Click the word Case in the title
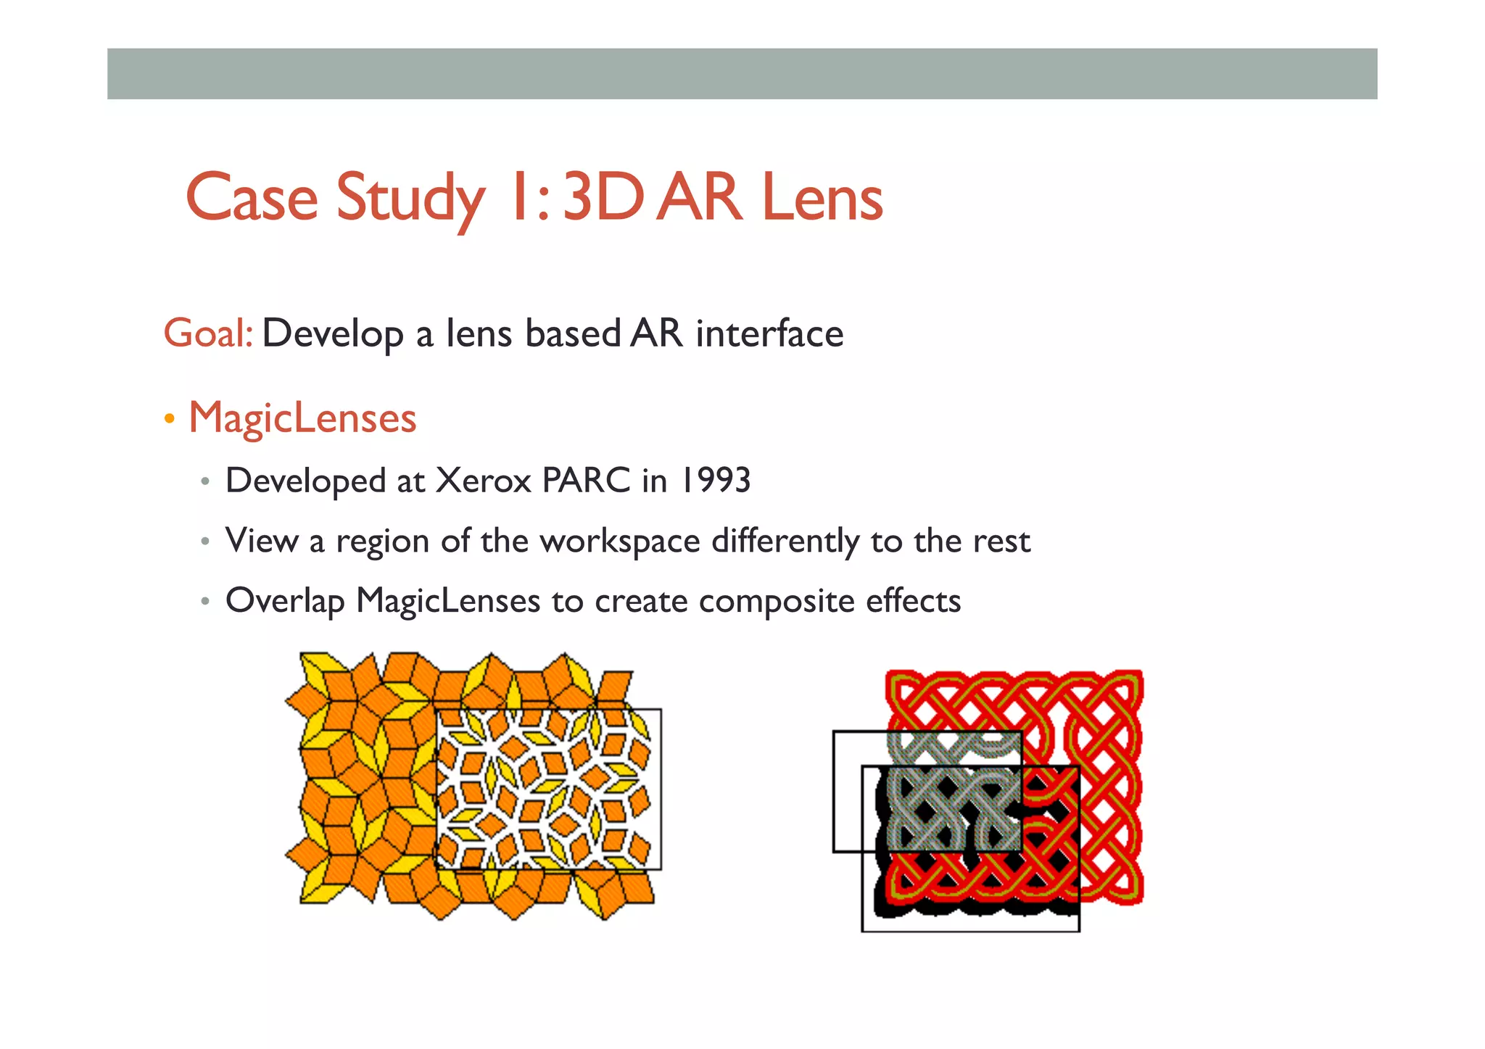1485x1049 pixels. point(252,197)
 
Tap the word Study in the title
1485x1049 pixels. point(410,199)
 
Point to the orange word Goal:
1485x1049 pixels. point(208,333)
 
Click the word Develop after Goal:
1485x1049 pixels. point(333,335)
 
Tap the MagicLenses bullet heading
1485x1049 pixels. point(302,418)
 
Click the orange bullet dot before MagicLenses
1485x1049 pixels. point(170,419)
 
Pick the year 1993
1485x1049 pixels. point(714,481)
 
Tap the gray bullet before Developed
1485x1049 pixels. point(206,481)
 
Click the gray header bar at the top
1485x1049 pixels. point(742,74)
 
